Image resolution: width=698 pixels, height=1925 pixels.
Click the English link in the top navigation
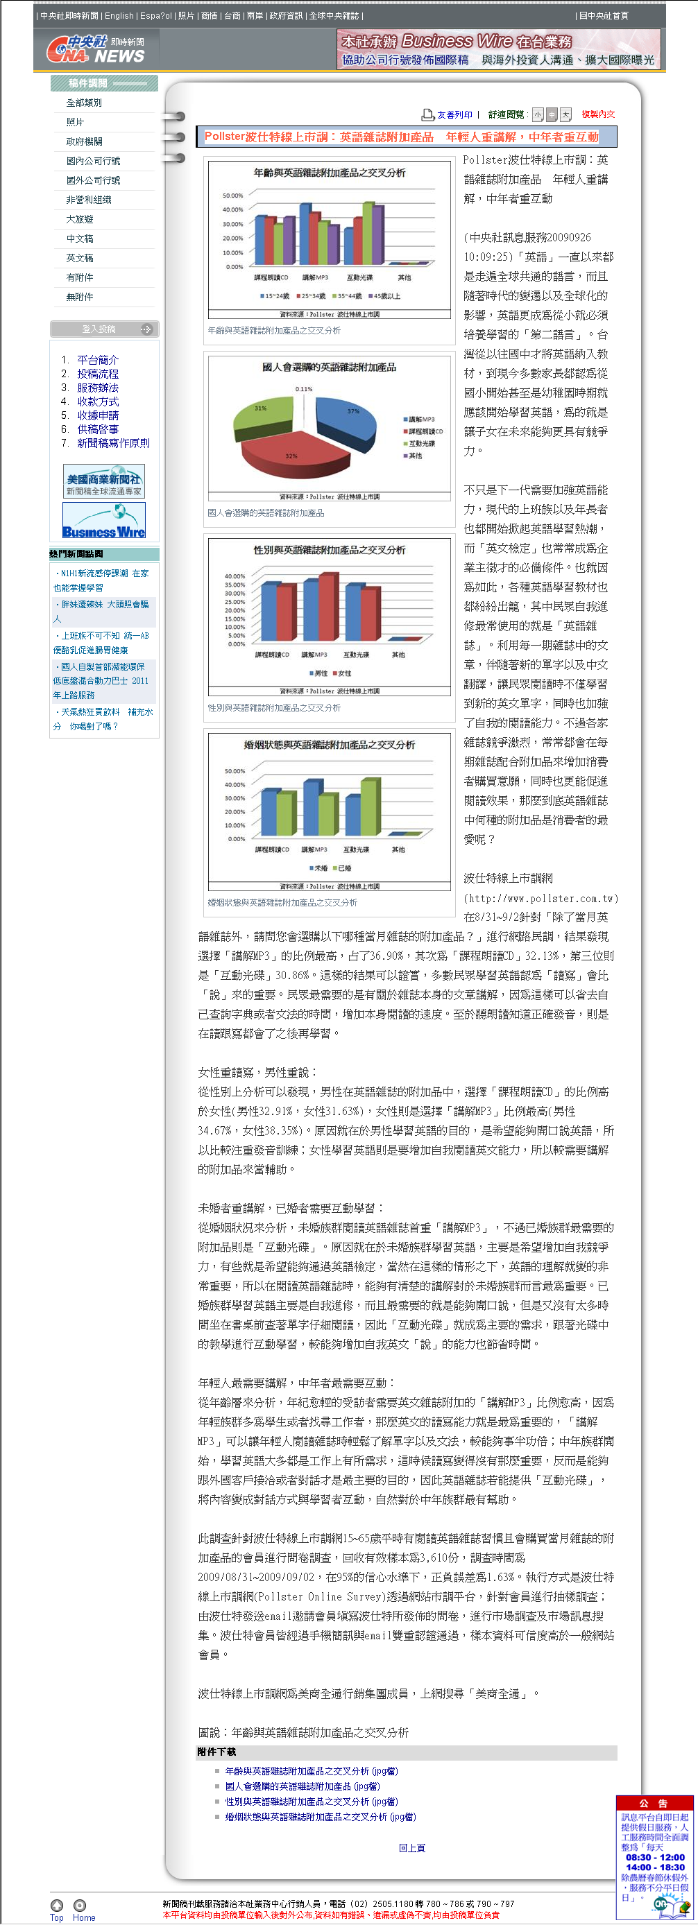119,16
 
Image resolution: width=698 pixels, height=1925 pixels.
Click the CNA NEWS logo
96,50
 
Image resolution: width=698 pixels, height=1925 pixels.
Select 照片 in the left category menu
75,122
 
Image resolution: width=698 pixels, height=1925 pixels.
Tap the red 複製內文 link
598,114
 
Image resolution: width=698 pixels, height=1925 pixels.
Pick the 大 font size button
565,114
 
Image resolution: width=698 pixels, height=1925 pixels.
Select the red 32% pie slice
291,452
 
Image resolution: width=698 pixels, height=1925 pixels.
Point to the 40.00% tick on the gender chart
235,576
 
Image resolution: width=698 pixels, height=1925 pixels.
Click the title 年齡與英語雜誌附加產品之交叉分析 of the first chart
329,173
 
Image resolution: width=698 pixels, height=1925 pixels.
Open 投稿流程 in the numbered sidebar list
97,374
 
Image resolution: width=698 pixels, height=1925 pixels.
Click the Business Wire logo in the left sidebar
104,520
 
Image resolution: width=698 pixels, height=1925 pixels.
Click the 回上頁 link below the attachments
411,1848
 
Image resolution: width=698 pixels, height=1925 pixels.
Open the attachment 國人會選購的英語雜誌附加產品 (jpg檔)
302,1786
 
